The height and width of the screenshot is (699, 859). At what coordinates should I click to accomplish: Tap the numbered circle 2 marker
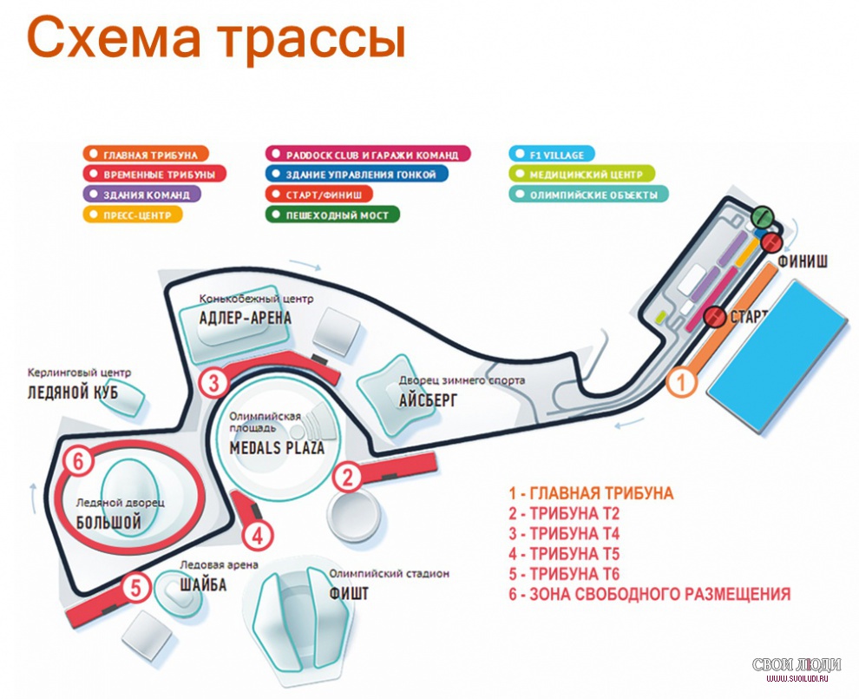[x=348, y=477]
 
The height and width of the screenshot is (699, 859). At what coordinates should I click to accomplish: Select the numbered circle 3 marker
[x=213, y=382]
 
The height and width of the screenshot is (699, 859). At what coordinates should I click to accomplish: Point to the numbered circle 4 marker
[x=258, y=536]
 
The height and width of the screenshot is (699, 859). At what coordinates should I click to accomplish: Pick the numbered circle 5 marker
[x=136, y=588]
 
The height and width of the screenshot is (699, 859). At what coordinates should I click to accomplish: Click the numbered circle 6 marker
[x=78, y=461]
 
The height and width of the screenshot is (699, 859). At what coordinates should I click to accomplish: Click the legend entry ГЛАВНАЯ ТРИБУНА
[x=146, y=155]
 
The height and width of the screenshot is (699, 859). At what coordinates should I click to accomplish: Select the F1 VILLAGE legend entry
[x=552, y=155]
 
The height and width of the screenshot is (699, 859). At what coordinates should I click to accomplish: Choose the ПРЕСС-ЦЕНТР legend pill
[x=132, y=214]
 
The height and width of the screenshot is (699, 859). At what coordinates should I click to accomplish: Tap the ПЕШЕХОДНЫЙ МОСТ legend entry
[x=332, y=214]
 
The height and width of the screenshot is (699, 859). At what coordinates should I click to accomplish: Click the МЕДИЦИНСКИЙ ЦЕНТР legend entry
[x=582, y=175]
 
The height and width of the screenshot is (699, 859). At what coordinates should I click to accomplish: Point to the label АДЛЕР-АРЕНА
[x=246, y=318]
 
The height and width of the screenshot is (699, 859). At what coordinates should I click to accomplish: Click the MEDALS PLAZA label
[x=277, y=447]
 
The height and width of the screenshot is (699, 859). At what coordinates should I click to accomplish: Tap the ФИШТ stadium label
[x=349, y=593]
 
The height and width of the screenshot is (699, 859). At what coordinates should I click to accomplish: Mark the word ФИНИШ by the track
[x=803, y=261]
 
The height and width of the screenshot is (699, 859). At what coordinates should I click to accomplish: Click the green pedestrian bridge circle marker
[x=762, y=216]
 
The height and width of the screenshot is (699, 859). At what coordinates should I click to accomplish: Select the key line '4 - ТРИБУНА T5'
[x=564, y=554]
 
